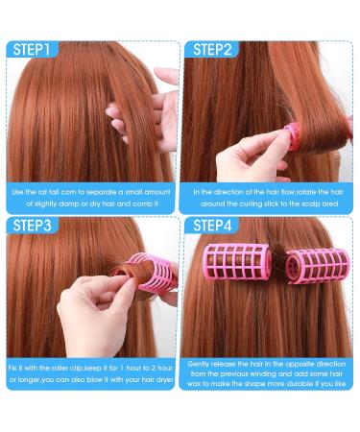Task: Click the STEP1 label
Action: pos(32,50)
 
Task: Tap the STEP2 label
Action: pos(212,50)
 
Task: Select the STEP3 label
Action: pos(32,226)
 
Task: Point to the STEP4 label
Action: pos(212,226)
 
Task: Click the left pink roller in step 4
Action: pos(237,261)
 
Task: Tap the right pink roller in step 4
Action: pos(317,266)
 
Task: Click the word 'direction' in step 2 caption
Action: pos(228,192)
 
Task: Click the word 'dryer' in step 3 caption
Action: pos(165,380)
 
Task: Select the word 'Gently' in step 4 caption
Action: pos(199,364)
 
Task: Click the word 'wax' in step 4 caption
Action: pos(194,384)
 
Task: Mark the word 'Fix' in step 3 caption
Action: pos(13,368)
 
